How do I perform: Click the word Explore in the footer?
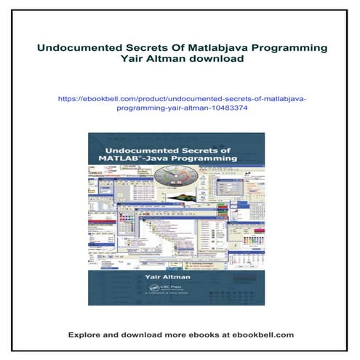[87, 335]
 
